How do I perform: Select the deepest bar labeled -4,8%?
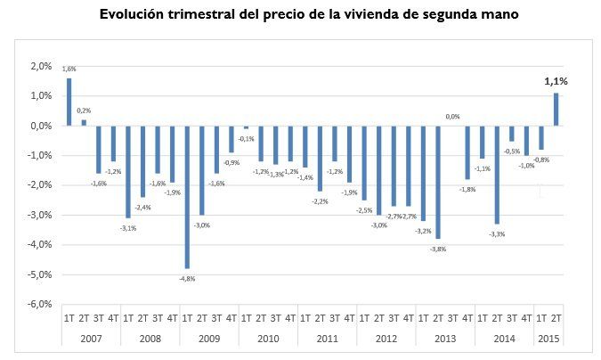187,197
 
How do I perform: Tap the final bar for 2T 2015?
556,110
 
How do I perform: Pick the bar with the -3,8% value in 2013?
438,182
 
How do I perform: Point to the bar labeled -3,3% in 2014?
497,175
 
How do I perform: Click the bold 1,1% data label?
556,81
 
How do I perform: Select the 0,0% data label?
452,116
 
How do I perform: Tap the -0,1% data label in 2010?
247,138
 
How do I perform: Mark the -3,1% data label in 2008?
128,228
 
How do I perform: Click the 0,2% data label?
84,110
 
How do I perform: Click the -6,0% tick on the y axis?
41,304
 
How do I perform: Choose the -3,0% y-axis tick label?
41,215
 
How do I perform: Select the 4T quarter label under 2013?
467,318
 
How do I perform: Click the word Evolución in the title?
135,15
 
